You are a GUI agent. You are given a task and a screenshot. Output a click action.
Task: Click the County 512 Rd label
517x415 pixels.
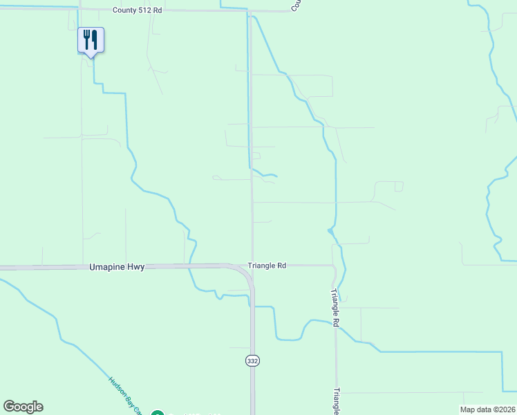[138, 11]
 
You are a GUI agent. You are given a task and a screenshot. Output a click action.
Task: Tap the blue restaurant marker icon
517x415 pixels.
[91, 40]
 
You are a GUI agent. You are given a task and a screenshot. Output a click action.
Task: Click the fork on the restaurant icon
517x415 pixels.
[86, 39]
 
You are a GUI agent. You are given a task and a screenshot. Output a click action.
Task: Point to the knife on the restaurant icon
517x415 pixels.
[94, 39]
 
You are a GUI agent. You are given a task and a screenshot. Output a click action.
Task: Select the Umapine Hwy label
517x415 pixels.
[117, 267]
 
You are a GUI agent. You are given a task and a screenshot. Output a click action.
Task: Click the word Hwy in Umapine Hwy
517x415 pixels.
[136, 267]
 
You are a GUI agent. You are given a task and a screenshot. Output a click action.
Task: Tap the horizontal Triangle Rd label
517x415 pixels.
[267, 266]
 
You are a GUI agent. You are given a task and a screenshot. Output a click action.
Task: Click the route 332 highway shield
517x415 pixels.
[252, 360]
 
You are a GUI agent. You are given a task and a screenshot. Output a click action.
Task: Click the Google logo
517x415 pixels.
[23, 407]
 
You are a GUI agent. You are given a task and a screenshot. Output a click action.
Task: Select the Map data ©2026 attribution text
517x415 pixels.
[488, 409]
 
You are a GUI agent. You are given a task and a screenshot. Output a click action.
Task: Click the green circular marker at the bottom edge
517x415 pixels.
[157, 414]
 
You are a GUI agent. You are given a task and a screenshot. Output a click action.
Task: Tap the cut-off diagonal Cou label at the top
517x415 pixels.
[296, 5]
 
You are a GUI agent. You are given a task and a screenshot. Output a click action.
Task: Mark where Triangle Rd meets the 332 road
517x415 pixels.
[252, 266]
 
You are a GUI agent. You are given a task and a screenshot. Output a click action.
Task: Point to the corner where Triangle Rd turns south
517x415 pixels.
[335, 266]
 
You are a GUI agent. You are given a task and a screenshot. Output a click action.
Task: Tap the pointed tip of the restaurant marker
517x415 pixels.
[91, 58]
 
